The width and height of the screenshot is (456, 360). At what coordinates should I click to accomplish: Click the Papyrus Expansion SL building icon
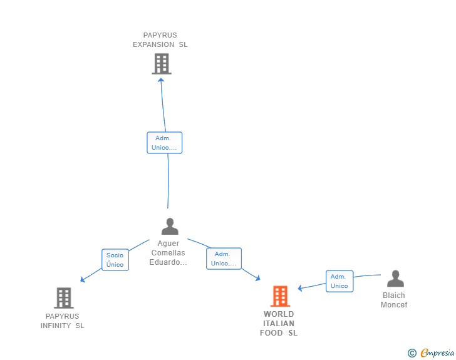(x=162, y=64)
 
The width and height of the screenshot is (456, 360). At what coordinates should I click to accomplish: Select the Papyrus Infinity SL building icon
(x=63, y=298)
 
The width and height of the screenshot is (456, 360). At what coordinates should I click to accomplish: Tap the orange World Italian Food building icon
(x=280, y=296)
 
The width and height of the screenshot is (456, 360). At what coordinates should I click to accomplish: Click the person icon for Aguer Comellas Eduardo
(x=170, y=227)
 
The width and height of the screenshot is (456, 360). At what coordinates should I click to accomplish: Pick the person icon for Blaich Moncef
(x=395, y=279)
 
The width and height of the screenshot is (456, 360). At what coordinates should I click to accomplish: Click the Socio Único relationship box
(x=115, y=259)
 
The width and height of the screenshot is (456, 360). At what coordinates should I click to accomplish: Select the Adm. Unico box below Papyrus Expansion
(x=164, y=143)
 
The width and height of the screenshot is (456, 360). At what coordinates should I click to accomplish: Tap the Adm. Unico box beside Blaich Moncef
(x=339, y=281)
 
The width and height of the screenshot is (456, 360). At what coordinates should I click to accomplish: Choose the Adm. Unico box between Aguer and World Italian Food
(x=224, y=259)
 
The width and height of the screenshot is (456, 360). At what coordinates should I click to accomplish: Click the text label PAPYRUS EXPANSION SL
(x=160, y=40)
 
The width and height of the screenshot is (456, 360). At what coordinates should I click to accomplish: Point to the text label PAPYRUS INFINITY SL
(x=62, y=321)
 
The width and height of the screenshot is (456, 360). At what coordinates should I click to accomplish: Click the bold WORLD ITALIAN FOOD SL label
(x=279, y=323)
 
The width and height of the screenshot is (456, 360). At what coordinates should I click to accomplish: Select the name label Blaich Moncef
(x=394, y=300)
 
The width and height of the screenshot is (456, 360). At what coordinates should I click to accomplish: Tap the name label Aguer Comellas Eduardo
(x=168, y=253)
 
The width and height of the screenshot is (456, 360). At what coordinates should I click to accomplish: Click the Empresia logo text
(x=437, y=352)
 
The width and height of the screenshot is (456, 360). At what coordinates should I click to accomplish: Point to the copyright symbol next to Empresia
(x=412, y=353)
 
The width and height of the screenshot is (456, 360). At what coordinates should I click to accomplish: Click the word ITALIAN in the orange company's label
(x=279, y=324)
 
